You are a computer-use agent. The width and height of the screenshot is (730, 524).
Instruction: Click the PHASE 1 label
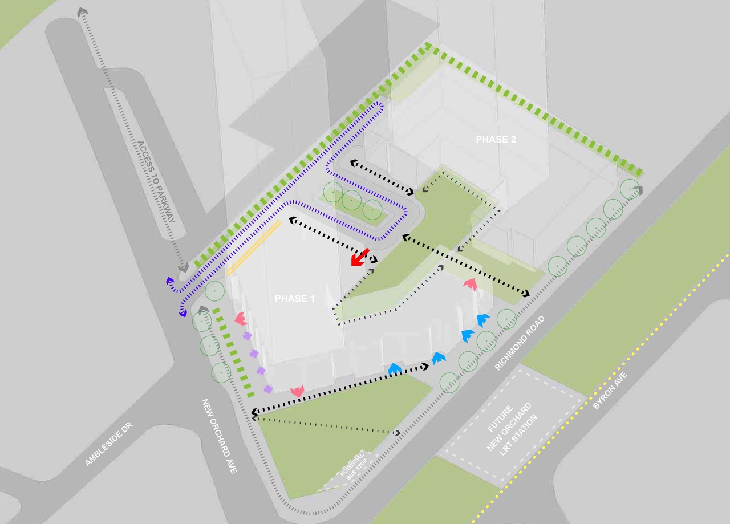[x=294, y=299]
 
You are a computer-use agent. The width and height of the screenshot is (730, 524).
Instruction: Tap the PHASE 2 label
[x=496, y=140]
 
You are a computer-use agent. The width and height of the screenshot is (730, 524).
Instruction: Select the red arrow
[x=360, y=257]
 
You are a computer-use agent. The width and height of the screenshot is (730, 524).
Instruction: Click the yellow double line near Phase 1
[x=254, y=248]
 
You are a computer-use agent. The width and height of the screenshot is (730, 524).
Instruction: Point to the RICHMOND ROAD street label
[x=520, y=343]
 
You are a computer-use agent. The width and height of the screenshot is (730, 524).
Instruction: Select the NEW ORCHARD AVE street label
[x=220, y=436]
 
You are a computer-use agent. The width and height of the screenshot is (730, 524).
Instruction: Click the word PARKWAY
[x=164, y=202]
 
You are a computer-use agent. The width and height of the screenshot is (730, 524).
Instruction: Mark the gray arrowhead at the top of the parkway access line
[x=83, y=11]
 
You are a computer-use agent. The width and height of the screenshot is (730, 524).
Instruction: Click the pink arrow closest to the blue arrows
[x=471, y=283]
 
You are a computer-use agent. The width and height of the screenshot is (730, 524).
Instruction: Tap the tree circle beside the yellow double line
[x=214, y=291]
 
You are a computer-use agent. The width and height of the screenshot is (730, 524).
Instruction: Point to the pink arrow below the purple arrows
[x=297, y=391]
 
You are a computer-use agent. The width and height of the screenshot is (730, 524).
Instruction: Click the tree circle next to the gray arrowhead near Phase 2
[x=628, y=188]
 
